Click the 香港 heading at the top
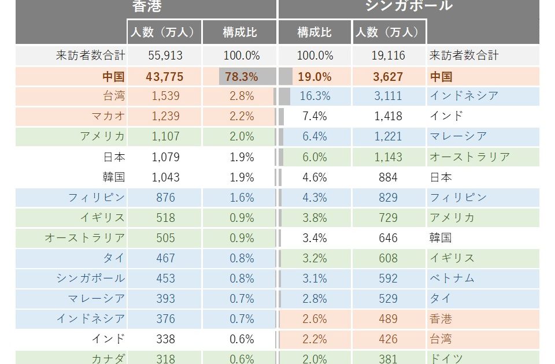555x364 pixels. click(146, 6)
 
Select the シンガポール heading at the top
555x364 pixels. click(408, 5)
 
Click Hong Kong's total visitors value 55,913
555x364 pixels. click(165, 56)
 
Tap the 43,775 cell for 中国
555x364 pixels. click(165, 77)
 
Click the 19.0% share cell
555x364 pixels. click(315, 77)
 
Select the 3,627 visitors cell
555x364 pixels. click(388, 77)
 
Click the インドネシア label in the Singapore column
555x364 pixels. click(464, 96)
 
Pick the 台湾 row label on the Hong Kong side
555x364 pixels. click(114, 96)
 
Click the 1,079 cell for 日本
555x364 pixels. click(165, 157)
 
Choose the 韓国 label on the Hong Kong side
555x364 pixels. click(114, 177)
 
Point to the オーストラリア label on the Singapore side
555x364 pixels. click(469, 157)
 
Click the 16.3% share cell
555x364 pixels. click(315, 96)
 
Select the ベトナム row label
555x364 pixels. click(452, 278)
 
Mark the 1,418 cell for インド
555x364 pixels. click(388, 116)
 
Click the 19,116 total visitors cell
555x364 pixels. click(388, 56)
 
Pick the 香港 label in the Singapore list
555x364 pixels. click(441, 319)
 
